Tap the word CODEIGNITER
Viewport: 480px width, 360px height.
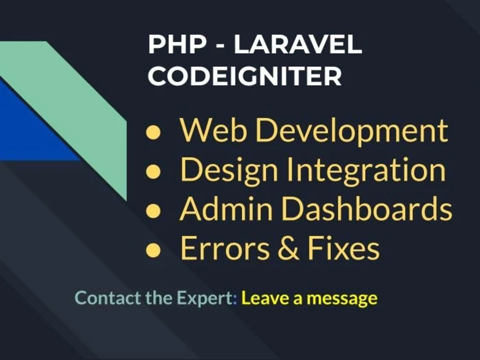tap(245, 76)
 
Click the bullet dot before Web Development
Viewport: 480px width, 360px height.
tap(153, 132)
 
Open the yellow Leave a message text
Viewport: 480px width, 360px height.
tap(309, 298)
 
